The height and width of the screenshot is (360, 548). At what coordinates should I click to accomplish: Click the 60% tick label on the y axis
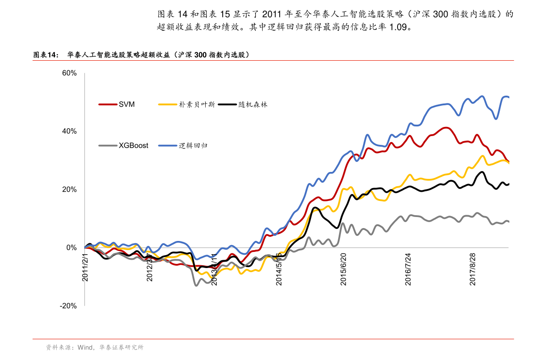coord(69,73)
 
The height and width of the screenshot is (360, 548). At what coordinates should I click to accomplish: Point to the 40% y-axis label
coord(69,131)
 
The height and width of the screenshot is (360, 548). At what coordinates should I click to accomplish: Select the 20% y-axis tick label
coord(69,189)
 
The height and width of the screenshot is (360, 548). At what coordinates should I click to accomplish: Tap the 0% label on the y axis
coord(71,248)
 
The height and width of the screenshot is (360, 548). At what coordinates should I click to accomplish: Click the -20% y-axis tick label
coord(69,306)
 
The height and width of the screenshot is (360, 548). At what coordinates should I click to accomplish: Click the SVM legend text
coord(127,104)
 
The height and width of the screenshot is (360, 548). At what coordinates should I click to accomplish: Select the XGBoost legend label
coord(133,145)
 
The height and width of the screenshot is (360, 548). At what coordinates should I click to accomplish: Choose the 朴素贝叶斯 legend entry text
coord(197,104)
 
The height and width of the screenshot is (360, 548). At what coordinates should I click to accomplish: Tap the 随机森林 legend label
coord(253,104)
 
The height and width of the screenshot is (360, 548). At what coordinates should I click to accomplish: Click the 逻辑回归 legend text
coord(193,145)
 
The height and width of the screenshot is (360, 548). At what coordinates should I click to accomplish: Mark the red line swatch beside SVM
coord(107,104)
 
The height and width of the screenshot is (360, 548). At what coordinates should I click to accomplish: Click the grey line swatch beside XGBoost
coord(107,145)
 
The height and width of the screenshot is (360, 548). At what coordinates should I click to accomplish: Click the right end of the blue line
coord(508,97)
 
